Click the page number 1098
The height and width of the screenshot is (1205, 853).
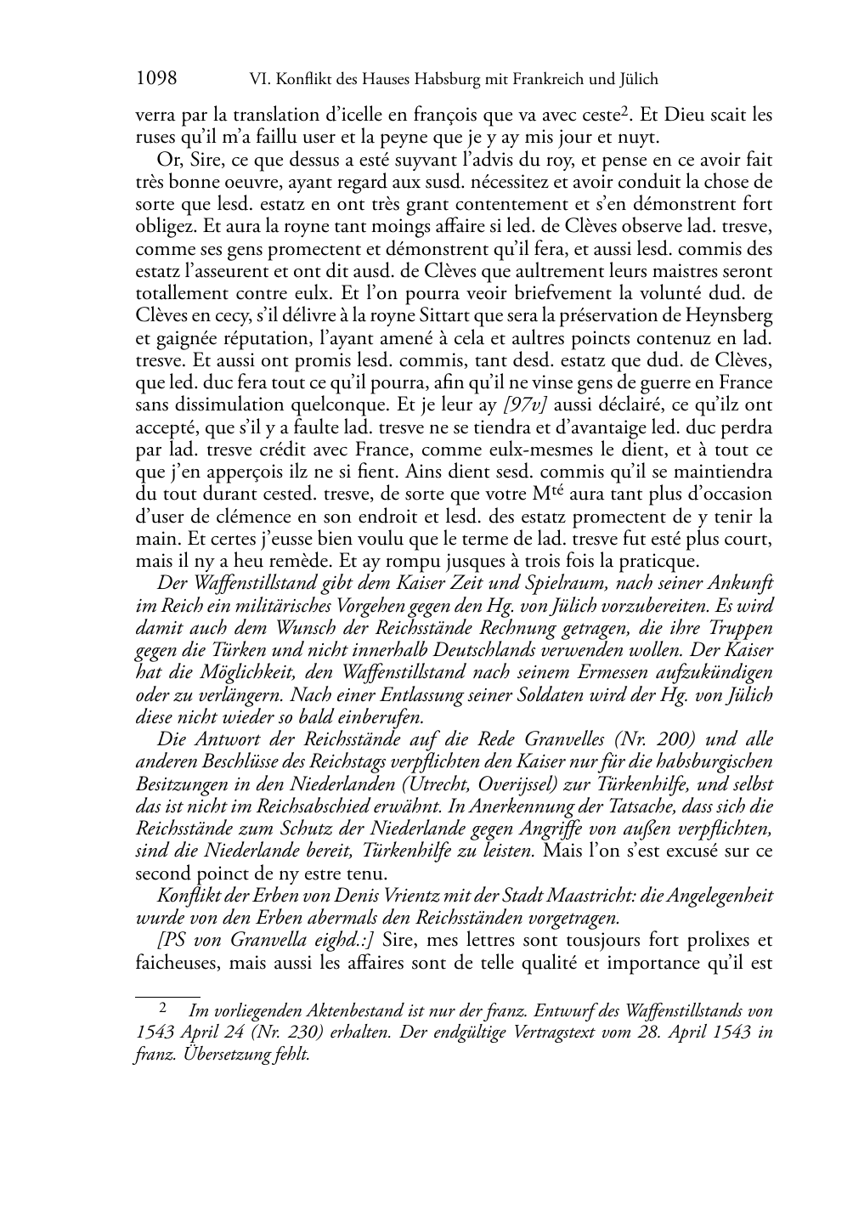click(155, 79)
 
